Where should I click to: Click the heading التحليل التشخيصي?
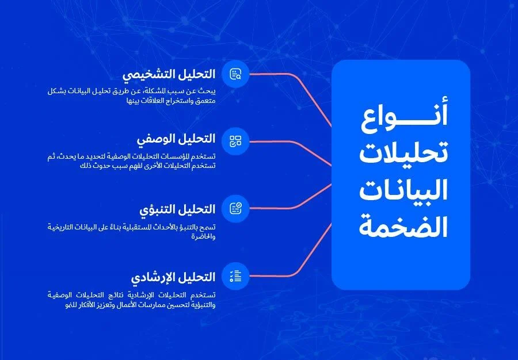169,75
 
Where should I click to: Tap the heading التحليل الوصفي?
176,139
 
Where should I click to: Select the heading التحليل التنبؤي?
177,209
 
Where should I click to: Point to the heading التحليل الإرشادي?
173,277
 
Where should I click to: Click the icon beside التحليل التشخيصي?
235,74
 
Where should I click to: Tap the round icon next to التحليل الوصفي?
235,141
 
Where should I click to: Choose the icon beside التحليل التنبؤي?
235,208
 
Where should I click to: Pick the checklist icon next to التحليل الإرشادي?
235,276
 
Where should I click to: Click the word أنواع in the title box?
403,115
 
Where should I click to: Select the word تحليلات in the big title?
403,153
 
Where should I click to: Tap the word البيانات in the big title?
403,190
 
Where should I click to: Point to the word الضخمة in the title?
403,227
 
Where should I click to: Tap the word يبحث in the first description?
209,91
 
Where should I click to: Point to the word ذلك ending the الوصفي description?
86,165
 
